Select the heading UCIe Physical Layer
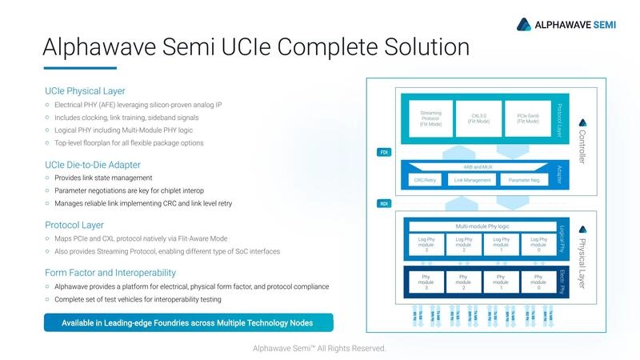(x=85, y=90)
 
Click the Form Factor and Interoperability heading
(x=110, y=273)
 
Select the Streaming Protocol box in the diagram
(x=430, y=118)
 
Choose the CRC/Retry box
(x=425, y=180)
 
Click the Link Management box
(x=472, y=180)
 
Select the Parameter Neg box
(x=523, y=180)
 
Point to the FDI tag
(x=383, y=152)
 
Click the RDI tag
(x=383, y=204)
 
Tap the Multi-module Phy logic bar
(x=482, y=226)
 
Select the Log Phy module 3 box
(x=426, y=243)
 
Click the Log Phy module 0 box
(x=538, y=243)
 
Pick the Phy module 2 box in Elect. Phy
(x=463, y=282)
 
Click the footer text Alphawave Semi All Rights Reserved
(x=319, y=348)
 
